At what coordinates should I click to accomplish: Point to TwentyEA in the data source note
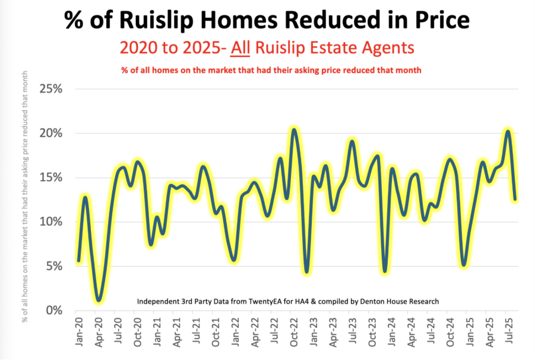coord(258,301)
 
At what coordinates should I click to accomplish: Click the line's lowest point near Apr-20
coord(99,301)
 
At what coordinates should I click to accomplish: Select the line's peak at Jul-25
coord(508,131)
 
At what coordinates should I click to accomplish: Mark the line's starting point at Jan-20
coord(78,260)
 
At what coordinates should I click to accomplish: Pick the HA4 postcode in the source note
coord(291,301)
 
